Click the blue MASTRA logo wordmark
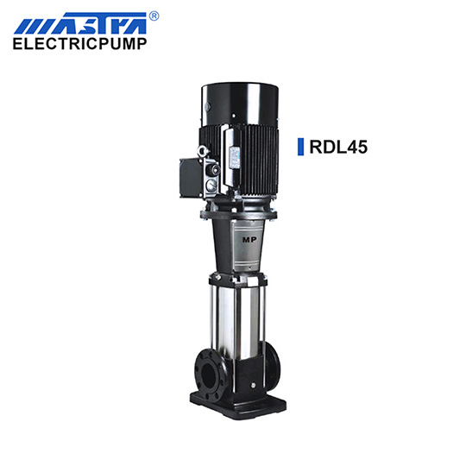pos(80,23)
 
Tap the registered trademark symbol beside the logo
pos(154,16)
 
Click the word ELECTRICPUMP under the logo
pos(79,44)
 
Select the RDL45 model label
pos(338,147)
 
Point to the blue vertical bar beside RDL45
pos(301,147)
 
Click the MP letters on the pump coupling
pos(249,240)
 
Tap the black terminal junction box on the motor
pos(192,178)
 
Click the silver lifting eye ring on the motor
pos(203,150)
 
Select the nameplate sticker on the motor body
pos(235,157)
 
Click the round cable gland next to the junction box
pos(214,169)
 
